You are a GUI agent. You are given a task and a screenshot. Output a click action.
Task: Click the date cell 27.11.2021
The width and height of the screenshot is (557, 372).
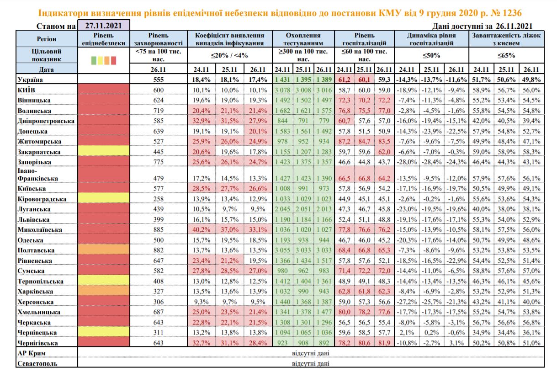(x=103, y=27)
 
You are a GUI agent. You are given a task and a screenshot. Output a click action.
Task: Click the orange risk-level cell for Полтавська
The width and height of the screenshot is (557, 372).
(x=104, y=250)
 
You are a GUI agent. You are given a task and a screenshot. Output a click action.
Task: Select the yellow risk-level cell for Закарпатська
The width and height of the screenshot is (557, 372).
(x=104, y=152)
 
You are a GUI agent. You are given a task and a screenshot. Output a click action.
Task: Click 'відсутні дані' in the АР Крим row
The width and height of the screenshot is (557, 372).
(x=311, y=353)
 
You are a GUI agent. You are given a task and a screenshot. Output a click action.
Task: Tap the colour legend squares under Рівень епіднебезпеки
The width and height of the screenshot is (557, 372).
(x=104, y=60)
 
